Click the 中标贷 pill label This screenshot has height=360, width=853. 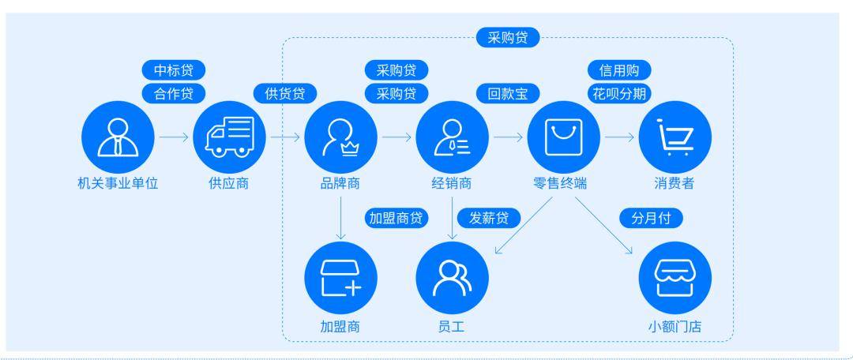(x=174, y=70)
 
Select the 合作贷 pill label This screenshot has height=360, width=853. (x=174, y=93)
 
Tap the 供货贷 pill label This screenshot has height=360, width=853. (x=285, y=93)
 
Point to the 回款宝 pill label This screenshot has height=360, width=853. (x=508, y=93)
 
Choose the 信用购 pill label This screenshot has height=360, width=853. (x=619, y=70)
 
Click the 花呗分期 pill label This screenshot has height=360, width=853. (x=619, y=93)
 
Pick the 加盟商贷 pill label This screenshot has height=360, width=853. (x=396, y=219)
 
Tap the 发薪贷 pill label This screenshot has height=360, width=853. (x=489, y=219)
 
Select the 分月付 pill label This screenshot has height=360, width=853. (x=651, y=219)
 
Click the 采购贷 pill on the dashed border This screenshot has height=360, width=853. (x=508, y=38)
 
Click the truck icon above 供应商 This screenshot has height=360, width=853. (x=230, y=137)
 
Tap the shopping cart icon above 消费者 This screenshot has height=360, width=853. (x=675, y=137)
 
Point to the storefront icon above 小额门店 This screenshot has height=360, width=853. (x=675, y=278)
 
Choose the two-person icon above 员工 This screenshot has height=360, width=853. (x=452, y=278)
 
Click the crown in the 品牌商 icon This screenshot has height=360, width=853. (x=350, y=148)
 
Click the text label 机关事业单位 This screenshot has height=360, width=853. (x=118, y=183)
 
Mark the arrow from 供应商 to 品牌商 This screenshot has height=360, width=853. (x=286, y=137)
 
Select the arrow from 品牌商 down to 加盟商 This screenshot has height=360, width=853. (x=340, y=218)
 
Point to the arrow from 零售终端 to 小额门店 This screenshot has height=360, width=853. (x=604, y=225)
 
